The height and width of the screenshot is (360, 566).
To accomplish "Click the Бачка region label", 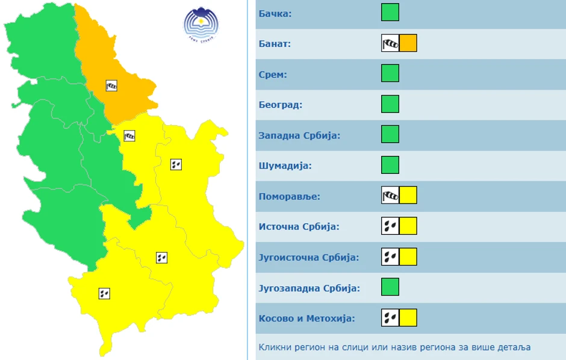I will (275, 13).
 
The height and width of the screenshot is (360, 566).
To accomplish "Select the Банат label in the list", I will (275, 44).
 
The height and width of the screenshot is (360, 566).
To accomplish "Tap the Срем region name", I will (273, 75).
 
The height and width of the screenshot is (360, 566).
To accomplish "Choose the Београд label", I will (281, 105).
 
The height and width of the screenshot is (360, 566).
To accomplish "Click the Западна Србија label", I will (299, 135).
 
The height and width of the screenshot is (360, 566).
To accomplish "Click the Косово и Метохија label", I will (306, 318).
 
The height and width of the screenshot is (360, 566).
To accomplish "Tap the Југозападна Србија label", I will (309, 288).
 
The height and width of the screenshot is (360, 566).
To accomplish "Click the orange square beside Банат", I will (408, 43).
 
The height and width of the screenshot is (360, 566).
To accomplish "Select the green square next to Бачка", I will (390, 13).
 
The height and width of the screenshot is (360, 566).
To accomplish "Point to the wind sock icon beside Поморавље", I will (390, 196).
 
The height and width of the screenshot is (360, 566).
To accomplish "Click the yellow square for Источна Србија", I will (408, 226).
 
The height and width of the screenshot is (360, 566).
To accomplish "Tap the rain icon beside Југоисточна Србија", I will (390, 257).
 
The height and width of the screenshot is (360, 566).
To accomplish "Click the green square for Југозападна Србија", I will (390, 287).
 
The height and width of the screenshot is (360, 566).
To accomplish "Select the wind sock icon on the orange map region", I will (111, 85).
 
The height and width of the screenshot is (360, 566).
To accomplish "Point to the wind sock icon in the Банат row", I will (390, 43).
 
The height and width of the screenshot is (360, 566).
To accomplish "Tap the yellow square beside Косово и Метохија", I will (408, 318).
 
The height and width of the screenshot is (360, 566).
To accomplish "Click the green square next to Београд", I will (390, 104).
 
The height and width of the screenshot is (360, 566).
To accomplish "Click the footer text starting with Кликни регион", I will (394, 347).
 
